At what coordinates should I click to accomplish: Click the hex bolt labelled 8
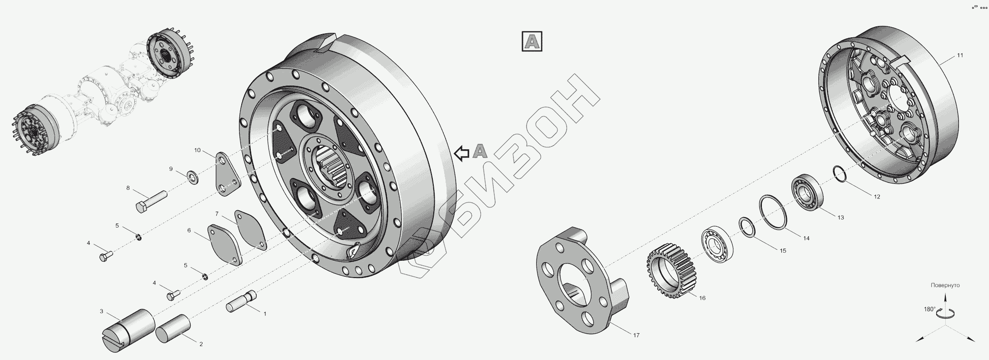(x=152, y=202)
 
